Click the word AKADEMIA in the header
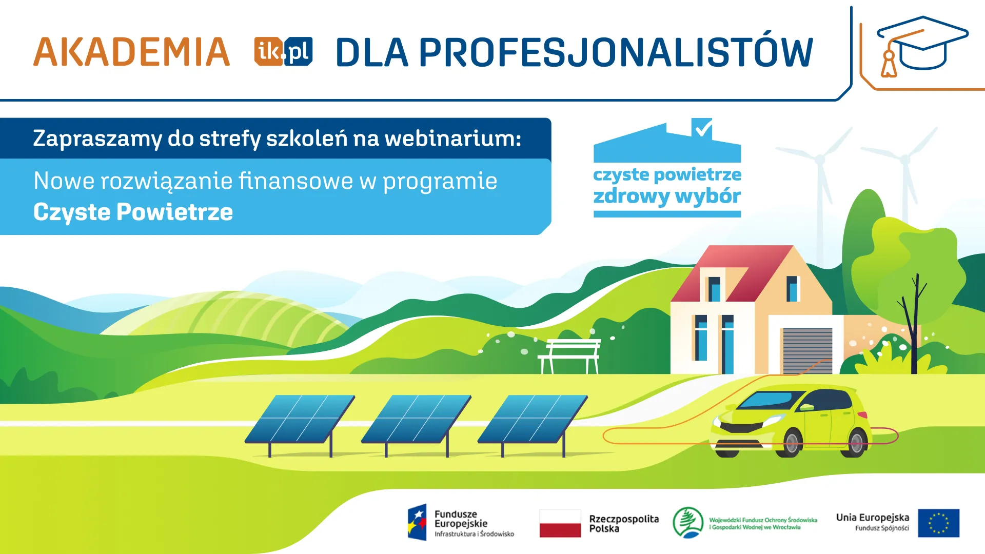(x=131, y=52)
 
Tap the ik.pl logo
(x=283, y=51)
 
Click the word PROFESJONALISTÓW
(x=616, y=52)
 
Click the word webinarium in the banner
(x=452, y=138)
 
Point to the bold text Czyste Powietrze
(x=133, y=212)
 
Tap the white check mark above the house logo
(x=702, y=127)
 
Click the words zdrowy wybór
(x=667, y=196)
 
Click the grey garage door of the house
(x=807, y=351)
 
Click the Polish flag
(x=560, y=523)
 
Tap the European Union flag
(x=938, y=523)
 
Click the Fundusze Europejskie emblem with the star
(x=417, y=522)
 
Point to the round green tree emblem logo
(x=688, y=522)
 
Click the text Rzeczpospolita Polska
(x=623, y=523)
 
